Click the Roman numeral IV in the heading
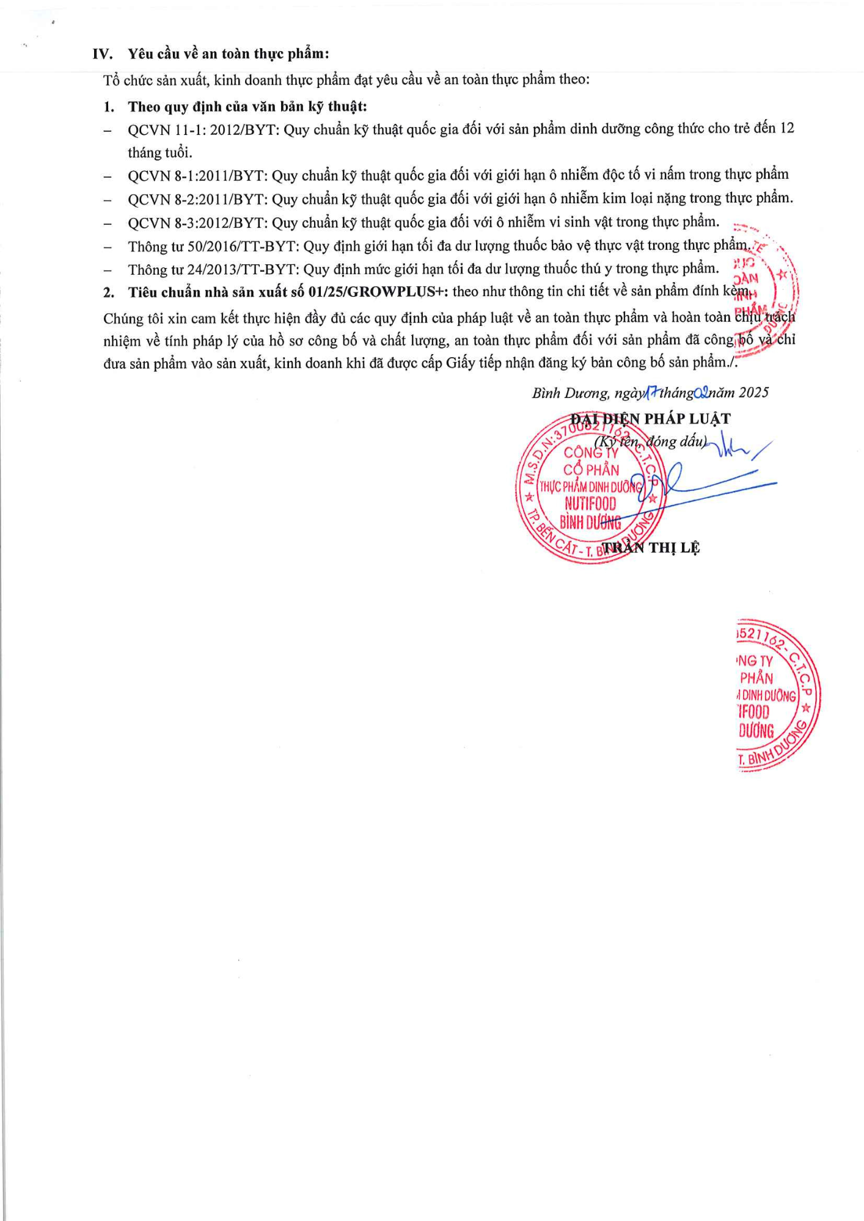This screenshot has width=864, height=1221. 103,54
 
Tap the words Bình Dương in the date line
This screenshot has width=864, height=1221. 571,393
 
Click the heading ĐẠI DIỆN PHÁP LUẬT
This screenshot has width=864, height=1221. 650,419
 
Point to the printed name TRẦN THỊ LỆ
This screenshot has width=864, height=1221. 650,548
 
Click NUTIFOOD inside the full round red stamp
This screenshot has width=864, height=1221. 590,504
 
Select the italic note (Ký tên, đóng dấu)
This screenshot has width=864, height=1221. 650,441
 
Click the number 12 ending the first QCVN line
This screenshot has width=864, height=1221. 787,128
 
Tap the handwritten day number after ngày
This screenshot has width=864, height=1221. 651,393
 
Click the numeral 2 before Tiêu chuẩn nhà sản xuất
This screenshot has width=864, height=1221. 109,293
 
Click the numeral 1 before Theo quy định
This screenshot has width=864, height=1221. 109,107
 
